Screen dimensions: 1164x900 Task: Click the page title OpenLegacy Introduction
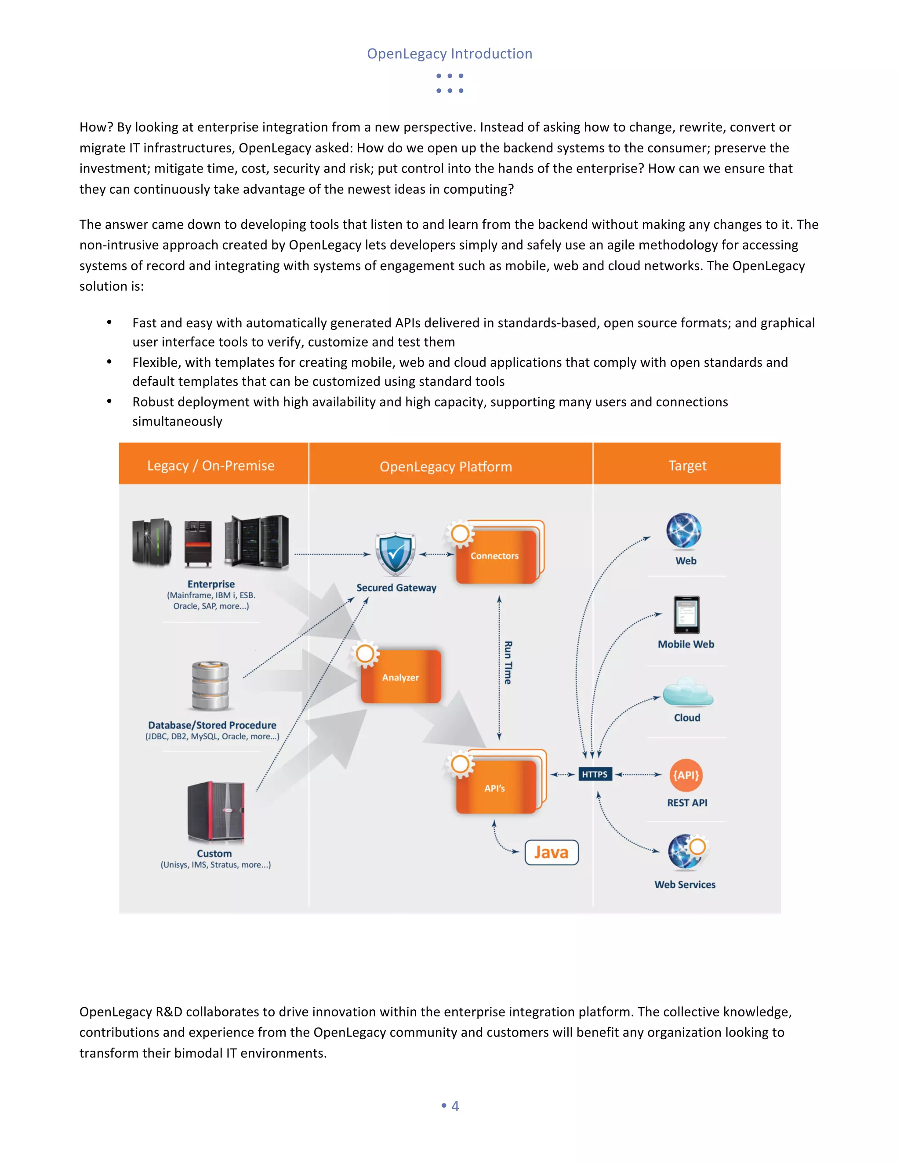tap(450, 54)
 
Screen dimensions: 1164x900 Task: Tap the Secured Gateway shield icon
tap(395, 554)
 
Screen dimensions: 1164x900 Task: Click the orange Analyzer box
tap(401, 677)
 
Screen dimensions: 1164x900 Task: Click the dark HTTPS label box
tap(595, 774)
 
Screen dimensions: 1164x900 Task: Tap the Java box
tap(552, 852)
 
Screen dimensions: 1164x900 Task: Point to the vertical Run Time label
tap(508, 662)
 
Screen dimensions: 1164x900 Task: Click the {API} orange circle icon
tap(686, 775)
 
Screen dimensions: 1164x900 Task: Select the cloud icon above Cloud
tap(687, 692)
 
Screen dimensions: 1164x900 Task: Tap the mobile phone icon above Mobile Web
tap(686, 615)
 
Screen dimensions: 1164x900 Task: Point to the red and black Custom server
tap(216, 812)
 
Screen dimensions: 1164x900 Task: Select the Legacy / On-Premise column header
tap(211, 465)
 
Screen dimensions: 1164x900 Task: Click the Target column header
tap(687, 465)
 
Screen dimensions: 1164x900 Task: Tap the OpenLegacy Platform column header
tap(446, 466)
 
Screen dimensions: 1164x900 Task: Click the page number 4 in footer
tap(455, 1106)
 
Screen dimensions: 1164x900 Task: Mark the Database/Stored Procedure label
tap(212, 725)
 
